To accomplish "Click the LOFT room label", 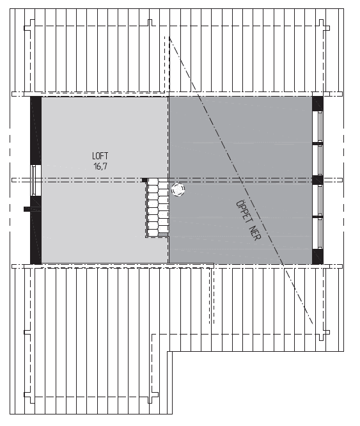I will (x=100, y=155).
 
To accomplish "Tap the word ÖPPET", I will (x=243, y=212).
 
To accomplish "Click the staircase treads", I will (x=158, y=208).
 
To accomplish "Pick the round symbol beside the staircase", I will (x=178, y=189).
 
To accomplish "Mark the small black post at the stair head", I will (x=145, y=180).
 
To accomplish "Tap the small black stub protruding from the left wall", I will (x=27, y=208).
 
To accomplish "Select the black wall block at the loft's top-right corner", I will (x=318, y=103).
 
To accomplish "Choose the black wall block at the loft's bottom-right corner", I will (x=318, y=256).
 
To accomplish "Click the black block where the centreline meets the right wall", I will (x=318, y=180).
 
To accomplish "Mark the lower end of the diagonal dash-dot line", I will (x=313, y=323).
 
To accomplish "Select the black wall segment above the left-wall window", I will (x=36, y=130).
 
